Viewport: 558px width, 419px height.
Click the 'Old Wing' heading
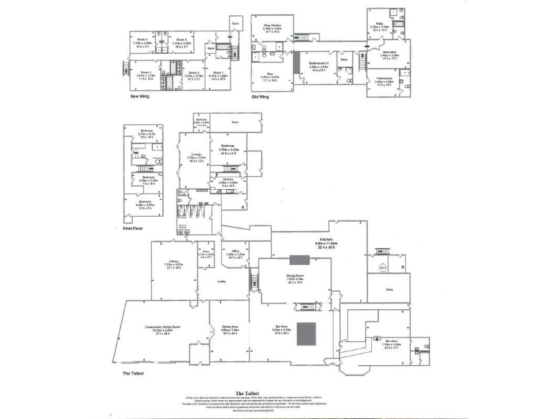(x=261, y=96)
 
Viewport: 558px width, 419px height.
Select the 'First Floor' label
(x=133, y=228)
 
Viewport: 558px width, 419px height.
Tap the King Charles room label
(x=272, y=28)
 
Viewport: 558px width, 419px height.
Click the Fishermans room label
(x=384, y=81)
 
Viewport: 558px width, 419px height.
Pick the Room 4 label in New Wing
(x=142, y=41)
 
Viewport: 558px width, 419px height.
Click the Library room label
(x=174, y=263)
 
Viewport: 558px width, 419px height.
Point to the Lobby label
(x=222, y=282)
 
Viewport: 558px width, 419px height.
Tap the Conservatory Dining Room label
(x=163, y=329)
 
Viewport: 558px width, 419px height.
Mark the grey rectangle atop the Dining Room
(x=299, y=260)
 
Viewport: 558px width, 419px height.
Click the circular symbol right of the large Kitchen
(x=382, y=268)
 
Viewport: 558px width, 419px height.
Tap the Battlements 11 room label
(x=323, y=67)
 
